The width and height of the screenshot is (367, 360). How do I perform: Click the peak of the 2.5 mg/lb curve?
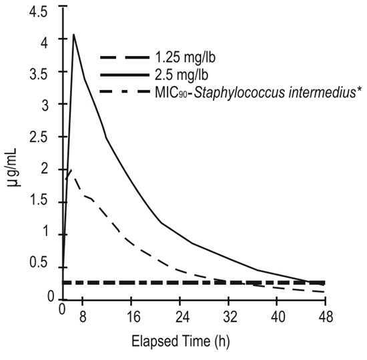point(73,34)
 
